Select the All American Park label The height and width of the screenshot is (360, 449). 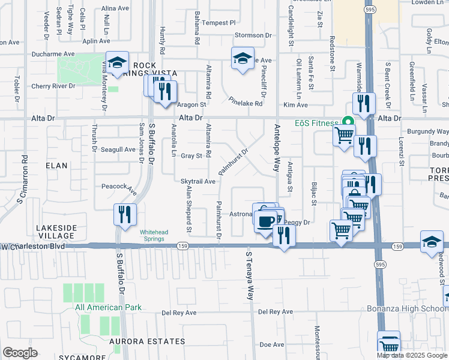[x=109, y=308]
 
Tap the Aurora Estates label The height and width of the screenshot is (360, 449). [x=147, y=341]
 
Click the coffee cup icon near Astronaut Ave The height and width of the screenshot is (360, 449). [x=264, y=221]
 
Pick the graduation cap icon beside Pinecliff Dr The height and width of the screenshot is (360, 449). [x=243, y=58]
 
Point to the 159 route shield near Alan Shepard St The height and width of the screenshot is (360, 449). [x=182, y=245]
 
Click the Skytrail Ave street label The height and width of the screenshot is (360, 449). [x=197, y=181]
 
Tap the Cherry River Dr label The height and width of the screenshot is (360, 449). [x=53, y=86]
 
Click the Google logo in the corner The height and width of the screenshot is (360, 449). [x=20, y=353]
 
